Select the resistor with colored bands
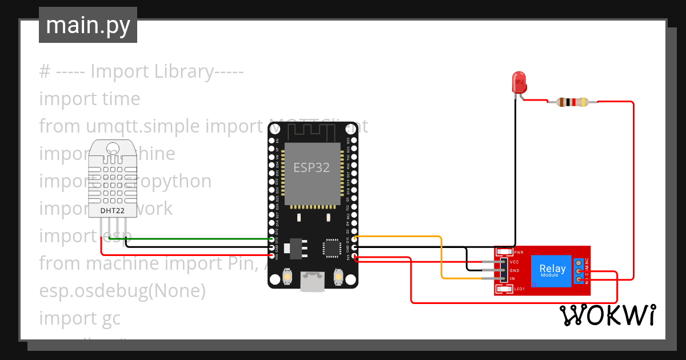(x=572, y=103)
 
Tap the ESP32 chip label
(x=312, y=167)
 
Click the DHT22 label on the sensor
(x=113, y=211)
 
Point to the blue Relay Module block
(x=552, y=270)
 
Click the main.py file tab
(x=88, y=25)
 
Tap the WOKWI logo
(x=607, y=315)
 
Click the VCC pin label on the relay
(x=514, y=262)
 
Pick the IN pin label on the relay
(x=512, y=278)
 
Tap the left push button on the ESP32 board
(x=287, y=278)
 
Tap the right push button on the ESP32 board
(x=337, y=278)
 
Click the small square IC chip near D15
(x=332, y=248)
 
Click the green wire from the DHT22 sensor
(x=200, y=238)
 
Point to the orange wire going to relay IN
(x=441, y=257)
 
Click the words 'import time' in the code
(x=90, y=99)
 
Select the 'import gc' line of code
(x=80, y=318)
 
